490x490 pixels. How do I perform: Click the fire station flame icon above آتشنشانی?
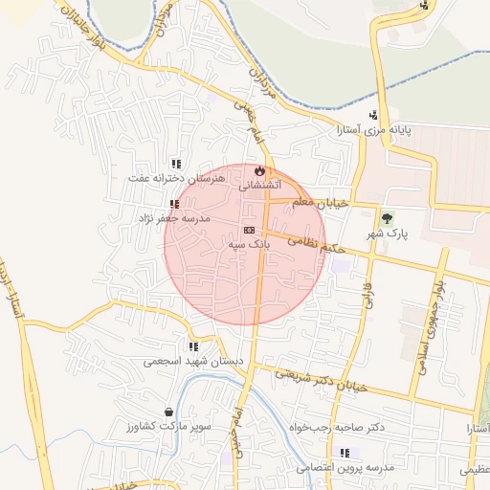258,171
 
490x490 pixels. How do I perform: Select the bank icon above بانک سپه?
250,230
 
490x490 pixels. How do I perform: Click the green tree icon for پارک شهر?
388,217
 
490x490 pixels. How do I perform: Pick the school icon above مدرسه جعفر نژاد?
174,204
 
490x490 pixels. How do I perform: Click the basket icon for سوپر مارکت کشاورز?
169,412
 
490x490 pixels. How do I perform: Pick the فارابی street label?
366,293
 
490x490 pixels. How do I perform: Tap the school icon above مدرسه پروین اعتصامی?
345,453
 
